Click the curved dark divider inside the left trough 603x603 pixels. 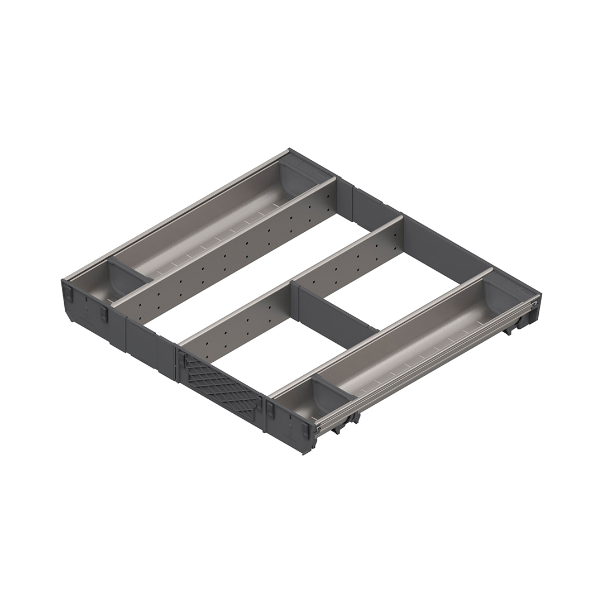127,276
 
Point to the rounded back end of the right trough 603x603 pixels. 505,296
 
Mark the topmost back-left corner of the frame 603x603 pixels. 289,150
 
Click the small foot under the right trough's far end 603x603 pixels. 508,332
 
